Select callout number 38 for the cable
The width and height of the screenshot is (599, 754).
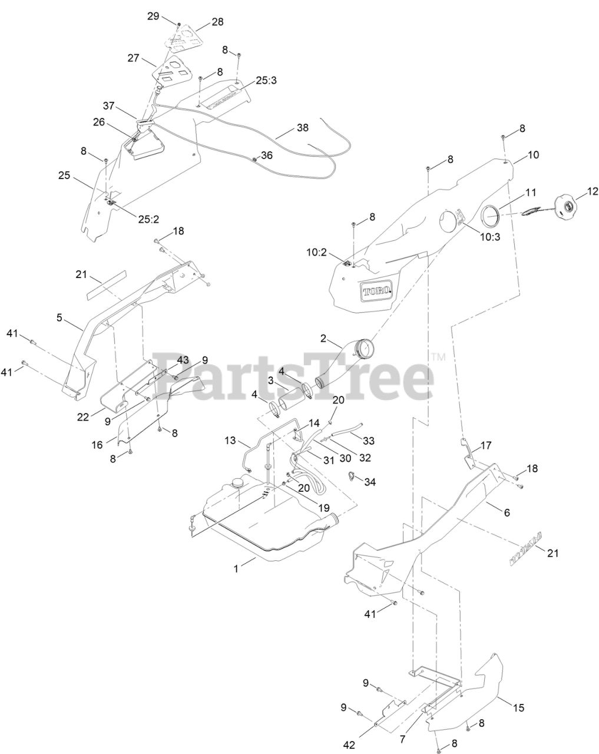[x=302, y=127]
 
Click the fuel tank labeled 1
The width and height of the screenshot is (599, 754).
[x=265, y=524]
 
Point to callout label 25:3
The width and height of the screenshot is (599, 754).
[x=266, y=81]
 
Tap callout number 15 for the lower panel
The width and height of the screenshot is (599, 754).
[x=518, y=707]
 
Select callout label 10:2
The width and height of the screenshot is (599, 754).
[x=316, y=252]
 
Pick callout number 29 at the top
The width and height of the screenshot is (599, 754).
[x=153, y=16]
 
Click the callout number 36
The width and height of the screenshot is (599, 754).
[x=267, y=156]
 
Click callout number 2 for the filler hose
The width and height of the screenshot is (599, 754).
[x=323, y=338]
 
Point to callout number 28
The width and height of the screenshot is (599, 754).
[x=217, y=22]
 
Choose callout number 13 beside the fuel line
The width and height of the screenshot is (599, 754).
[x=230, y=440]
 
